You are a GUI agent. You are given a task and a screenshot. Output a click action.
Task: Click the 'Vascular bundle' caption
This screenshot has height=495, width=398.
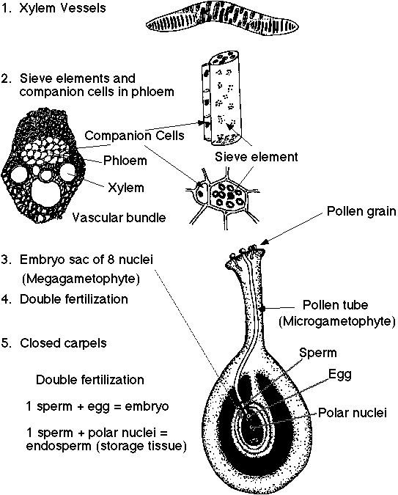pos(119,217)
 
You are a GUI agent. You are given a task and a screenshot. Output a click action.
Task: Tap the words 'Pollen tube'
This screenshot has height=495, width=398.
pos(333,304)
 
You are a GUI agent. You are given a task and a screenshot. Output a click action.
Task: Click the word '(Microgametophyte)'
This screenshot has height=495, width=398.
pos(337,321)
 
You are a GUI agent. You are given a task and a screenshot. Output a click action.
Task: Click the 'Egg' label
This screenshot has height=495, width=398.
pos(340,374)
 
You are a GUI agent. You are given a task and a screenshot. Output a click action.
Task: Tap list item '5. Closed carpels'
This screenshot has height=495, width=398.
pos(58,342)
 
